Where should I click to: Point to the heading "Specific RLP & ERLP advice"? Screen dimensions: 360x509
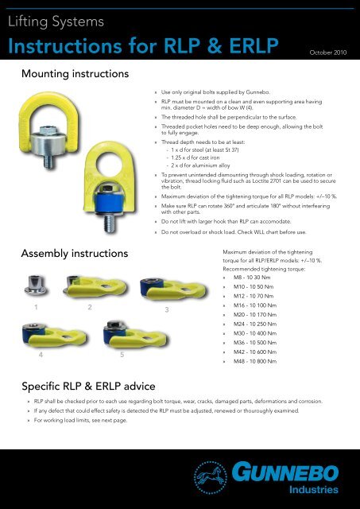[x=99, y=386]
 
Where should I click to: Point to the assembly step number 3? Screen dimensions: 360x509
[x=168, y=309]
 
